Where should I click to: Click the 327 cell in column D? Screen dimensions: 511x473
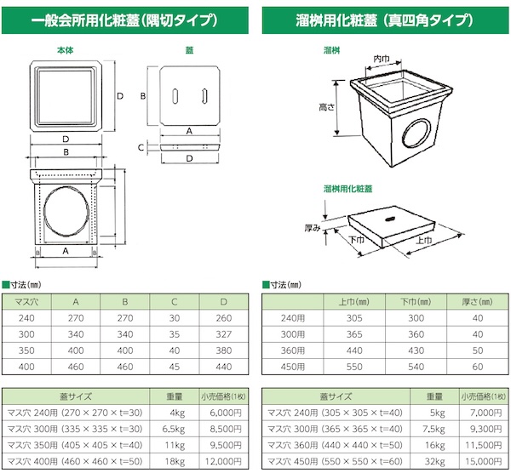pos(223,334)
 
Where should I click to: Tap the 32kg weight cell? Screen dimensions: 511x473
pos(434,462)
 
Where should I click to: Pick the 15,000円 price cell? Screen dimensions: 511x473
pos(484,462)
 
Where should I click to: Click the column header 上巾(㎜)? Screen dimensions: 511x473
pos(354,302)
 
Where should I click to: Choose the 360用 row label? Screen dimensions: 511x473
pos(293,350)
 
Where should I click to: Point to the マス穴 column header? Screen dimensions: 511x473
pos(26,302)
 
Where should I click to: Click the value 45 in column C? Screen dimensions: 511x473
pos(175,367)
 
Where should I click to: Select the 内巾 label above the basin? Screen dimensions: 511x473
pos(382,59)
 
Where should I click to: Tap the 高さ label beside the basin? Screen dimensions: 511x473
pos(326,107)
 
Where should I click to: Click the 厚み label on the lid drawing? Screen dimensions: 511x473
pos(313,228)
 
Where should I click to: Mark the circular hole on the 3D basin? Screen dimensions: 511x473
pos(416,134)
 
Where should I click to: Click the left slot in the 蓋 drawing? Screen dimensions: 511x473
pos(175,96)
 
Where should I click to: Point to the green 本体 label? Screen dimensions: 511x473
pos(66,50)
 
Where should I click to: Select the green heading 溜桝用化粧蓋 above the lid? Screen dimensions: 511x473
pos(347,189)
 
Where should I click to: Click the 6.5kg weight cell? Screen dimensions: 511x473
pos(174,429)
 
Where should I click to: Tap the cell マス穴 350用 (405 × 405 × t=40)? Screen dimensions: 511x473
pos(75,445)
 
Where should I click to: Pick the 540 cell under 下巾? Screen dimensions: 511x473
pos(416,367)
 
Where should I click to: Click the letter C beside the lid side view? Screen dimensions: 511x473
pos(141,147)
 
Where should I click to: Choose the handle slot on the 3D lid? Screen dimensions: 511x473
pos(389,219)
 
